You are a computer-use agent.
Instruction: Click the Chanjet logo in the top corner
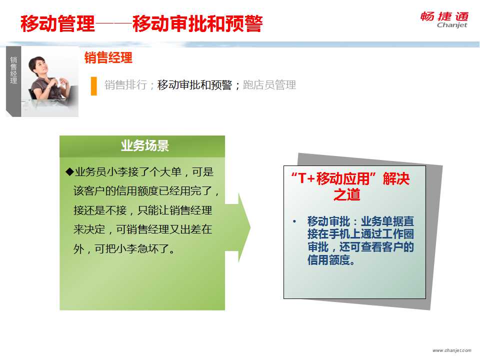tap(444, 20)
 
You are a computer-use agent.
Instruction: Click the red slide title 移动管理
tap(57, 23)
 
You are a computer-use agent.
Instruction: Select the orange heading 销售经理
tap(108, 57)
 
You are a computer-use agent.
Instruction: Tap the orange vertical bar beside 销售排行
tap(94, 86)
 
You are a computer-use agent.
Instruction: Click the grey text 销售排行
tap(125, 85)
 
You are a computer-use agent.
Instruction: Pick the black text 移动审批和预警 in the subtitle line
tap(194, 85)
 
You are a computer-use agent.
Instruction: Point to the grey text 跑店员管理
tap(269, 85)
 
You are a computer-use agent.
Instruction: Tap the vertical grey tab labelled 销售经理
tap(13, 81)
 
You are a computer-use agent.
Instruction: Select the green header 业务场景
tap(145, 145)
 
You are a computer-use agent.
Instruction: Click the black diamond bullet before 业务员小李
tap(69, 171)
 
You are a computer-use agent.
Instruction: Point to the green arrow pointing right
tap(238, 228)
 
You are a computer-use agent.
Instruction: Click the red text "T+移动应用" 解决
tap(350, 178)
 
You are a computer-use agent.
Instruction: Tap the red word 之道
tap(347, 194)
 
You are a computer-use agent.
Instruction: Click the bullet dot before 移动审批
tap(294, 221)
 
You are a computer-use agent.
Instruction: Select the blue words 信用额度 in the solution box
tap(328, 260)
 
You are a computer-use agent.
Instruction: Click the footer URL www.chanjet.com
tap(452, 350)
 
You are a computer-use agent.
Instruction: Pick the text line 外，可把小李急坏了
tap(124, 249)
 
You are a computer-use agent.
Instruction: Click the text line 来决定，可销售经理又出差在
tap(142, 229)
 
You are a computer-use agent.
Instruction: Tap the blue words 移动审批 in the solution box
tap(328, 221)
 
